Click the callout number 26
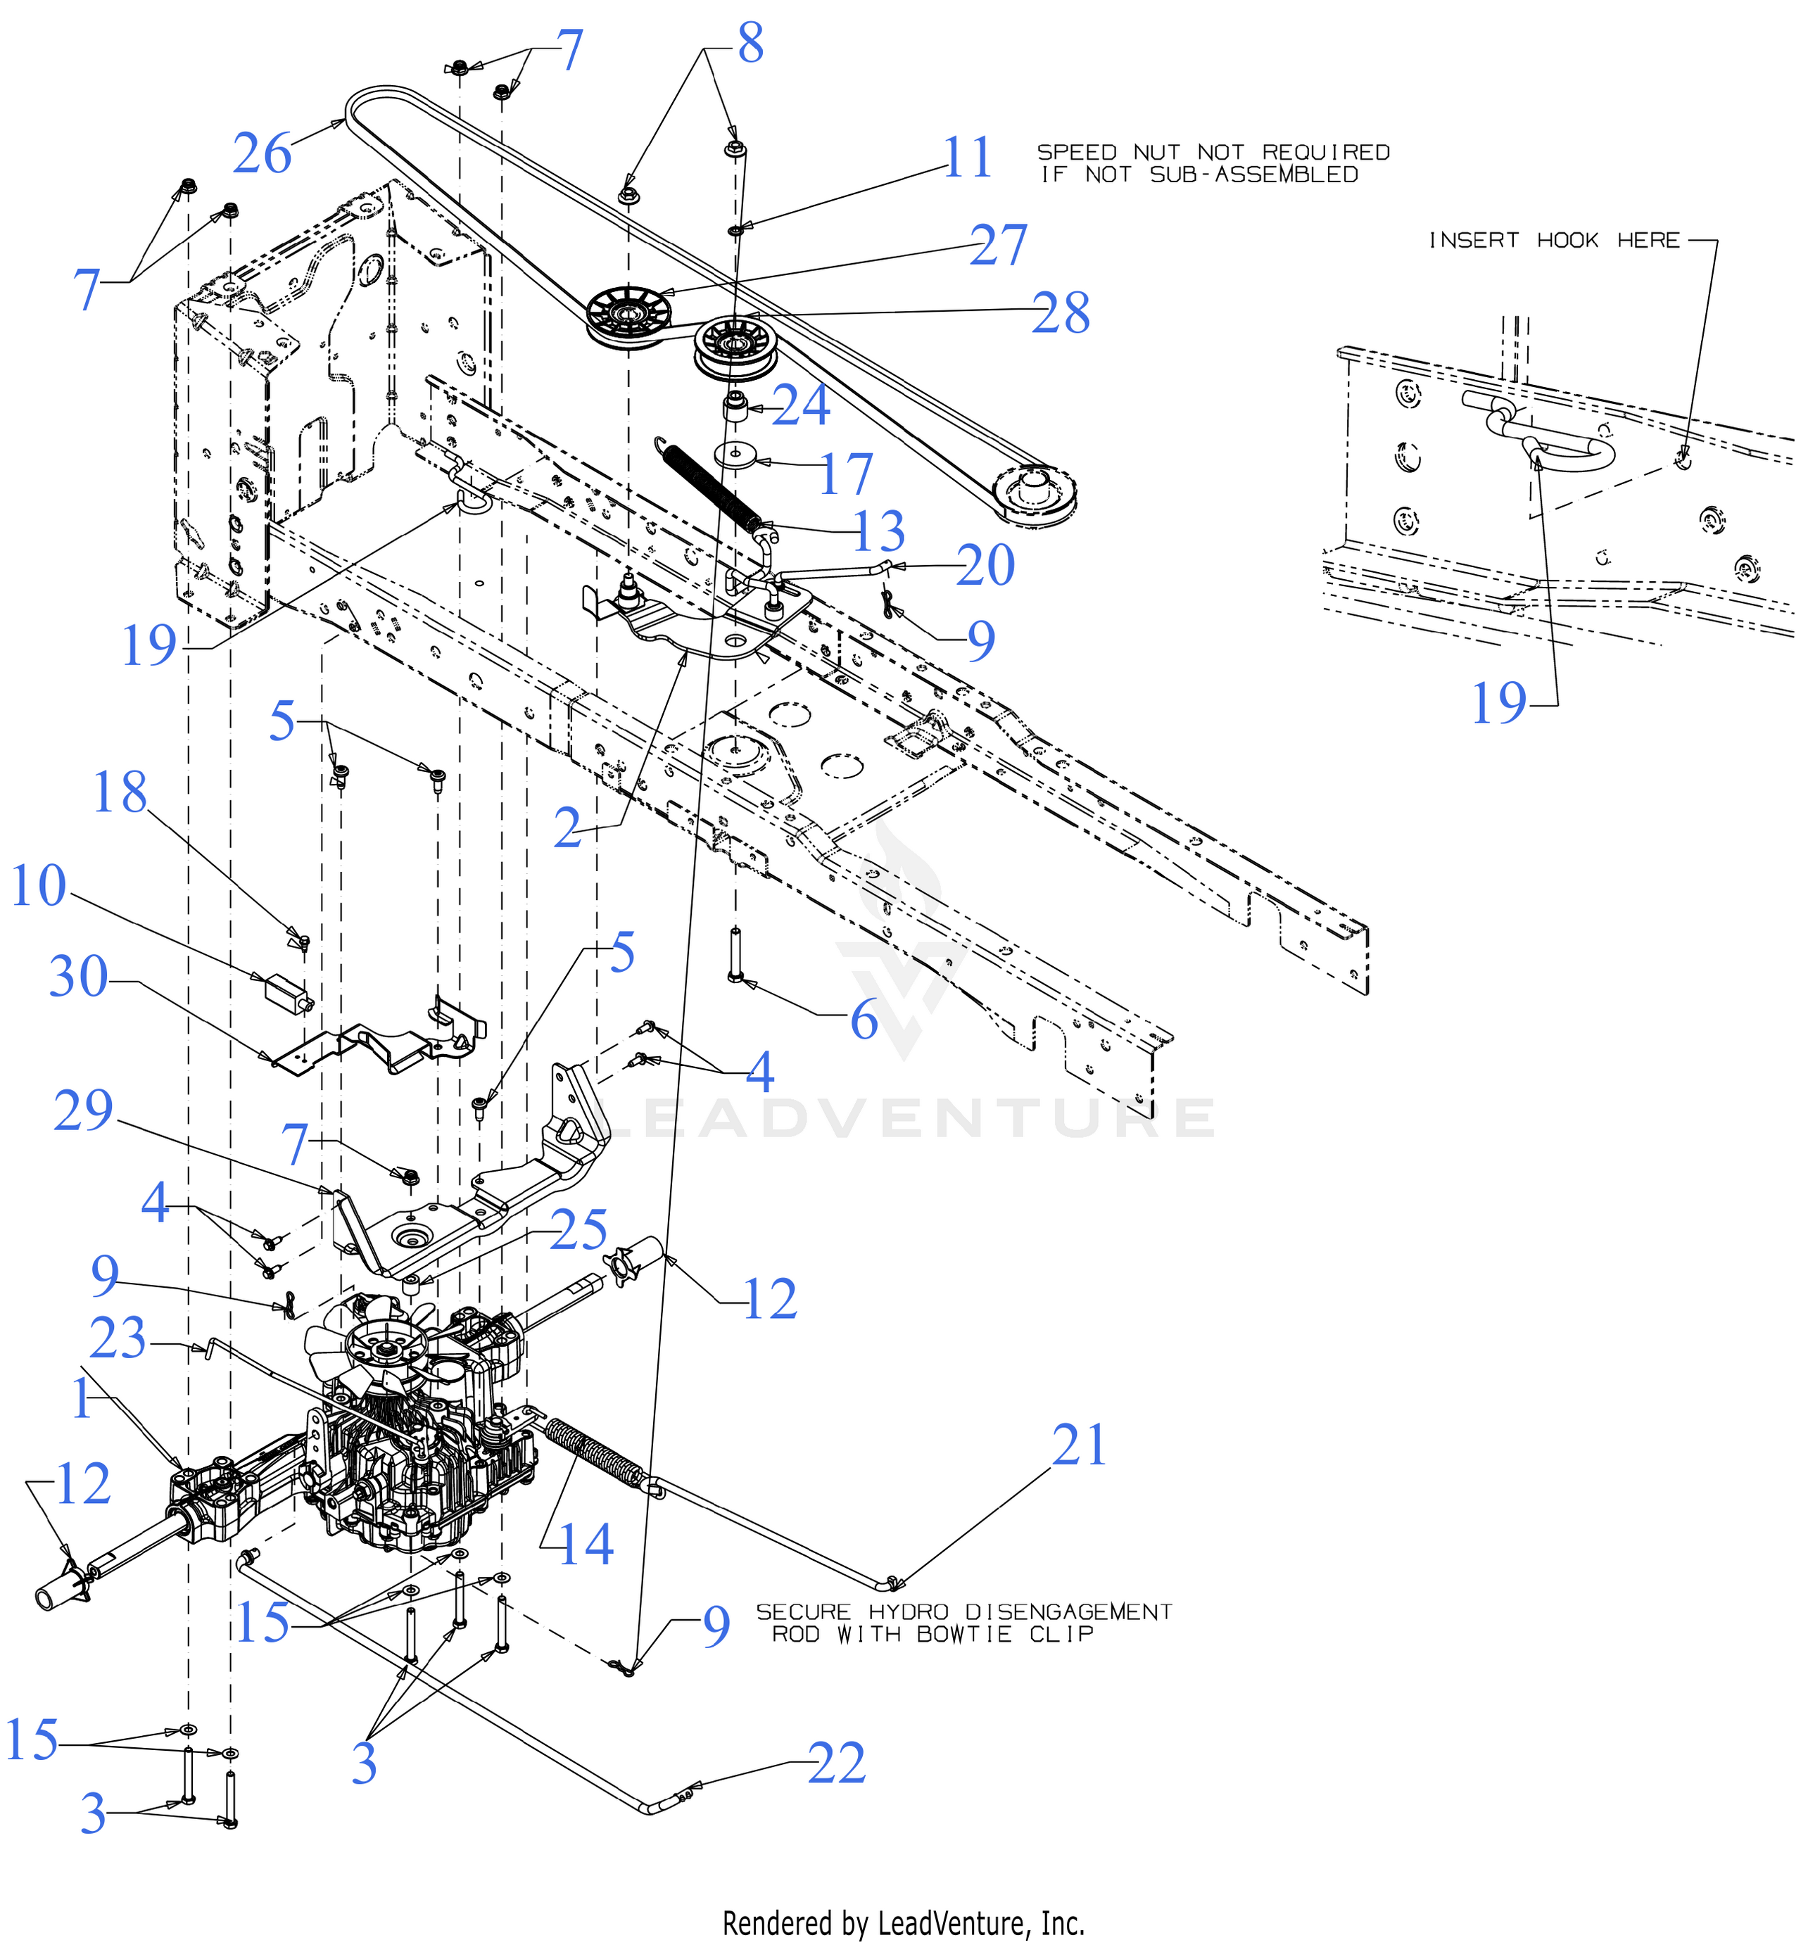[263, 155]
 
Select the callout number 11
[968, 158]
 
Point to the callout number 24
[802, 405]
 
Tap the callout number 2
[567, 829]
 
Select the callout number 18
[120, 792]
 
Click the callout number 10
[38, 885]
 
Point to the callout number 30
[78, 977]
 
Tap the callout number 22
[837, 1762]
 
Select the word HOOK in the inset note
[1567, 241]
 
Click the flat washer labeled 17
[735, 455]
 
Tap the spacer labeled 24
[735, 405]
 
